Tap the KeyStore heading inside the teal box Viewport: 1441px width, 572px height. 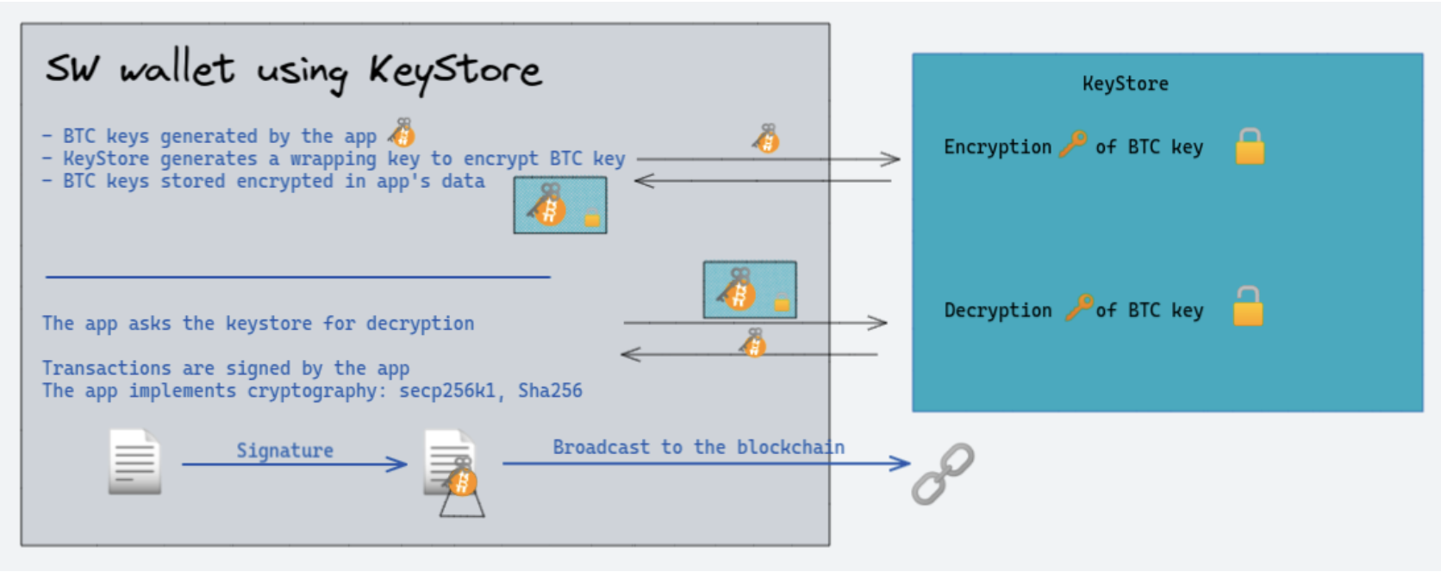(x=1125, y=84)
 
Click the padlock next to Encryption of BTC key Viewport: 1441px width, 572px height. (x=1250, y=146)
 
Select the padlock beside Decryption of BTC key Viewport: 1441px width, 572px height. (x=1247, y=307)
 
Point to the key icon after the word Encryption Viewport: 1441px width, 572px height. (x=1073, y=144)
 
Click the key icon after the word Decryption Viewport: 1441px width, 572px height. (x=1079, y=307)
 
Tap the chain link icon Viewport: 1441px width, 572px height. (x=943, y=473)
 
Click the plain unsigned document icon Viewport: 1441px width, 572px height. (x=134, y=462)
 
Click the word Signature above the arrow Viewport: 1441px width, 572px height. (x=284, y=451)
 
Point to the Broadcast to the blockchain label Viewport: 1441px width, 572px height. (x=698, y=447)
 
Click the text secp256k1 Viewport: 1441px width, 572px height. (x=447, y=391)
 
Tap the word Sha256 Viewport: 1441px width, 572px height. (x=550, y=391)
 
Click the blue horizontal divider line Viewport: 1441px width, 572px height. (x=297, y=277)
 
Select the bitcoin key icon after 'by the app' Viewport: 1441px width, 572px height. (x=401, y=134)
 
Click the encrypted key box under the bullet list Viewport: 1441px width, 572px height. (x=560, y=205)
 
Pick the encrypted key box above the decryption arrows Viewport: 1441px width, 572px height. (x=750, y=290)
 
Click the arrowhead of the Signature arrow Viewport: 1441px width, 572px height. (x=398, y=465)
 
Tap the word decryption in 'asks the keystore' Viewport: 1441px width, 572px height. (x=420, y=324)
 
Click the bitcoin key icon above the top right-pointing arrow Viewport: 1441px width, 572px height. (x=765, y=138)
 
